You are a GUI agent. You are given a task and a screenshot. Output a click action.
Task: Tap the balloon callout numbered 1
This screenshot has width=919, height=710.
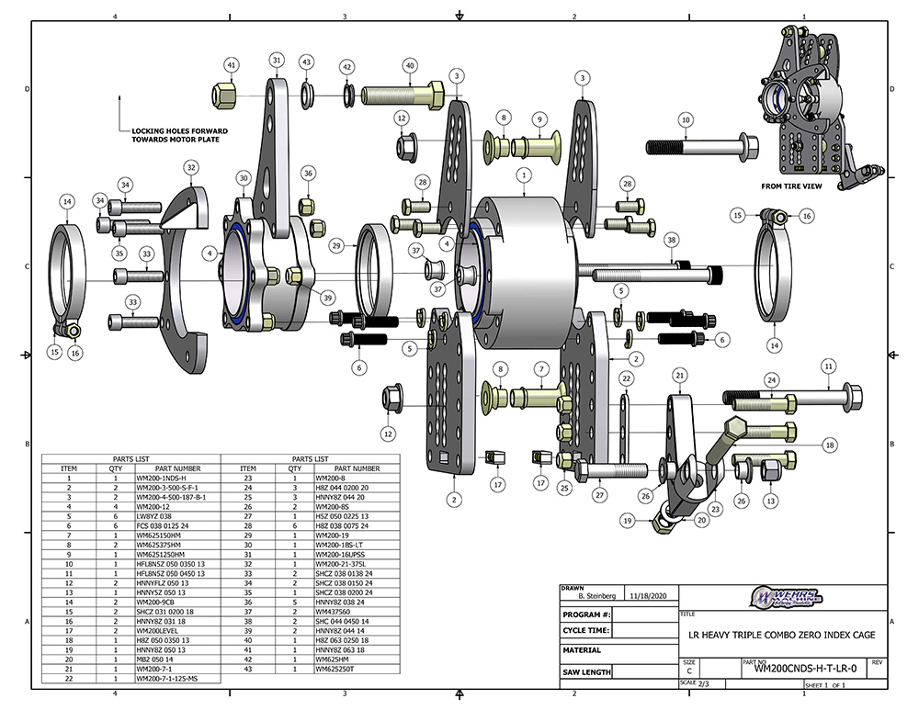tap(523, 174)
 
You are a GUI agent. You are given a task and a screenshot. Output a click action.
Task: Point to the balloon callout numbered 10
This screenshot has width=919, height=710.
tap(685, 119)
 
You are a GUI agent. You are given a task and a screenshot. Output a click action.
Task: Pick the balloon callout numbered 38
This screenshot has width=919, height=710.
tap(672, 240)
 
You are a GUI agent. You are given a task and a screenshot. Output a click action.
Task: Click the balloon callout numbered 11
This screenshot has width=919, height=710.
tap(827, 366)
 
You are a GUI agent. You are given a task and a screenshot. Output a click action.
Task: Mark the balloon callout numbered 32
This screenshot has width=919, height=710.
tap(191, 168)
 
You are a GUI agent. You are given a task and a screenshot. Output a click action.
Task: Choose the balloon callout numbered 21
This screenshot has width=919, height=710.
tap(680, 375)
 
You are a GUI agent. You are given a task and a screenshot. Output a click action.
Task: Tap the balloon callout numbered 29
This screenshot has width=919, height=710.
tap(337, 246)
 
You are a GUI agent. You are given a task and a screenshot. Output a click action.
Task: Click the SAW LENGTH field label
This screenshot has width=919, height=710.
tap(586, 672)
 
